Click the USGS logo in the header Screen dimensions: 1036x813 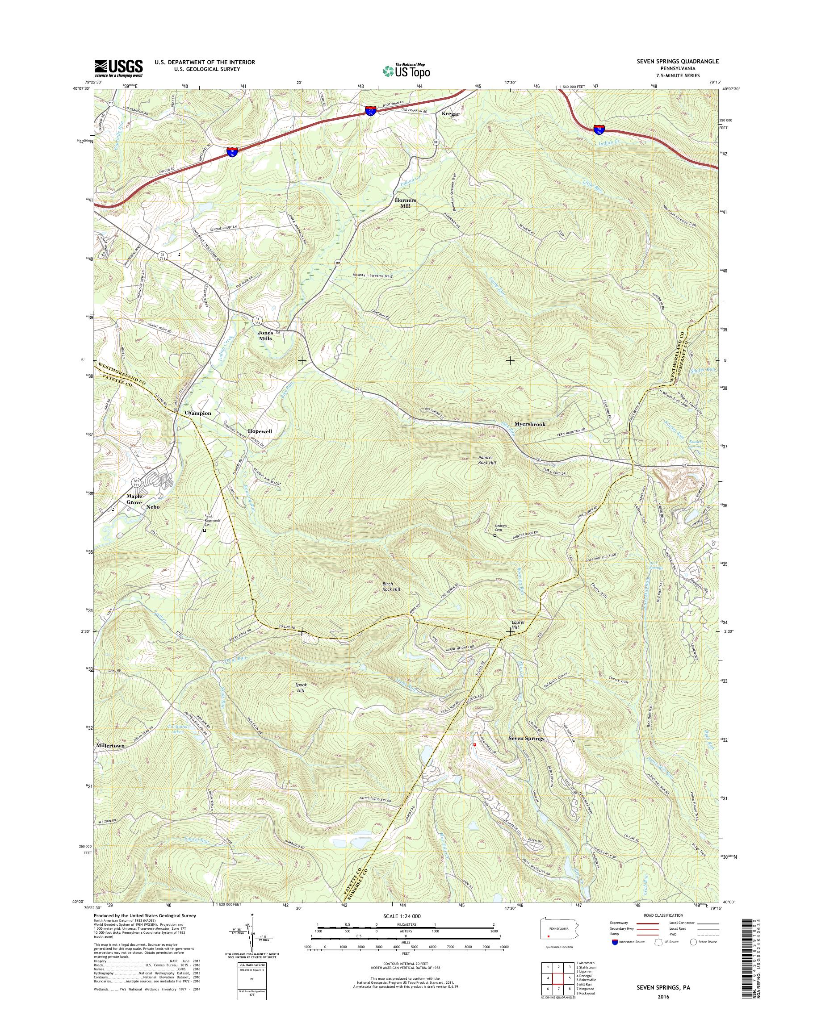pyautogui.click(x=118, y=68)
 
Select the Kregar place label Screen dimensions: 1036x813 pyautogui.click(x=451, y=114)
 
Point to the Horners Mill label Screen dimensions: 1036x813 pyautogui.click(x=406, y=203)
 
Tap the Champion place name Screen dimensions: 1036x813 pyautogui.click(x=198, y=413)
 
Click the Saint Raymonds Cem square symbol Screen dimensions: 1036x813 pyautogui.click(x=205, y=530)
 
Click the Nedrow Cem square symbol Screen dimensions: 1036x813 pyautogui.click(x=495, y=535)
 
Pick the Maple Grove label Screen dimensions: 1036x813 pyautogui.click(x=134, y=499)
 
